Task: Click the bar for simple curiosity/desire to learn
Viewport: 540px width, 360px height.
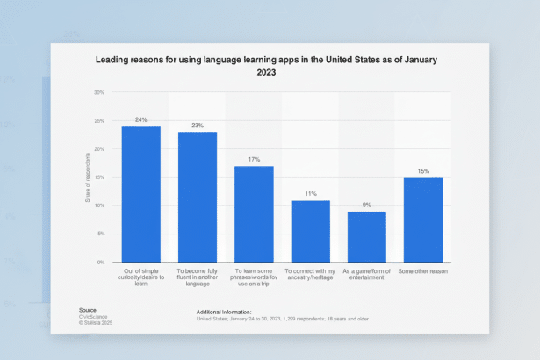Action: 140,194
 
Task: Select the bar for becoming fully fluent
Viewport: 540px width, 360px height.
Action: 198,197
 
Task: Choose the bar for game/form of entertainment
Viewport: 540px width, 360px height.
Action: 366,236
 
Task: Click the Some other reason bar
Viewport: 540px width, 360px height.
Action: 423,220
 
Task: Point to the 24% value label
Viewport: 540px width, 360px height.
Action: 140,119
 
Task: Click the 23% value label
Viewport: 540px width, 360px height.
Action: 198,126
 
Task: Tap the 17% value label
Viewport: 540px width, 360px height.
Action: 254,159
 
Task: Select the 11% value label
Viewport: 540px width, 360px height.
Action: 310,193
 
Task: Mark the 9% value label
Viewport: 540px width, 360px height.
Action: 366,205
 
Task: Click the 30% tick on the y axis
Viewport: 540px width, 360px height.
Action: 99,92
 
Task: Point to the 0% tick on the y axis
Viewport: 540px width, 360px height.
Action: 101,263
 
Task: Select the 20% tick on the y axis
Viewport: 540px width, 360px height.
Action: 99,149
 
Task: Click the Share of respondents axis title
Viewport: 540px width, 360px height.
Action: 87,177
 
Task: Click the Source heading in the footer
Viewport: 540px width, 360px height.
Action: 87,310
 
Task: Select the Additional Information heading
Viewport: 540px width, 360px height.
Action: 221,311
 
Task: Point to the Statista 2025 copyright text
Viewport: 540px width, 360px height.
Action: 96,322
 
